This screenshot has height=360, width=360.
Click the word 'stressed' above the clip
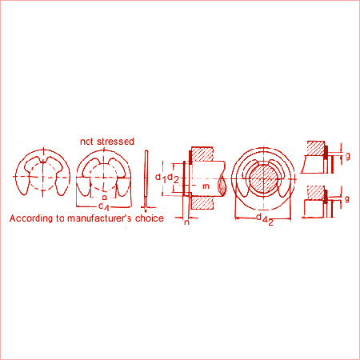114,141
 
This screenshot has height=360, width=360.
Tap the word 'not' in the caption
88,141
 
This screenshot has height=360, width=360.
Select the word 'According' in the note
30,218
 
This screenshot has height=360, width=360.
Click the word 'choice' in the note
147,218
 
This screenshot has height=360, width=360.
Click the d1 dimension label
161,176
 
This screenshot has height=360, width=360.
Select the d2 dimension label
172,176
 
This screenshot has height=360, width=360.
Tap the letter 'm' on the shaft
206,186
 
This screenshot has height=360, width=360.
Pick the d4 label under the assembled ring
261,218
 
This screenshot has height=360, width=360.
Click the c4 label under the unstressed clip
102,206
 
